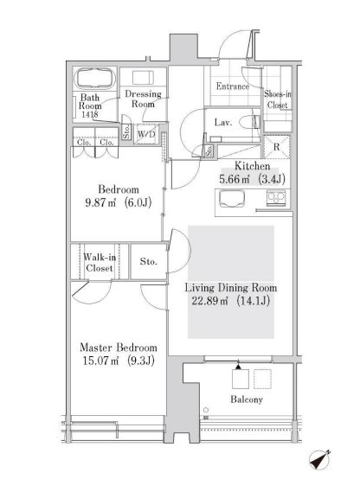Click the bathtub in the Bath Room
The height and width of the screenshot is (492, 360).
95,79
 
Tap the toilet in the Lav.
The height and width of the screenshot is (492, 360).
250,122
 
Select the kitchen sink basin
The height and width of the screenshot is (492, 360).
232,199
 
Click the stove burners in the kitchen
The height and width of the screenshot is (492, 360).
276,198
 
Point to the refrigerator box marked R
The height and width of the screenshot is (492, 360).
276,147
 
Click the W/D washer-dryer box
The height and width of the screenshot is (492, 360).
146,134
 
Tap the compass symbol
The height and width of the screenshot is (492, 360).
320,460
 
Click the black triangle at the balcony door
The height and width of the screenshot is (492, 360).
239,366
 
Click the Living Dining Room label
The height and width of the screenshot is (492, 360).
230,288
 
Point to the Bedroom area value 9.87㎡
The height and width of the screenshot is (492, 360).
100,202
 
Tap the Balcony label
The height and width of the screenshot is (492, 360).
247,399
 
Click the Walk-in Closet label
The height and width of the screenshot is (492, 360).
100,263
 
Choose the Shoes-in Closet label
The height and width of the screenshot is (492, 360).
278,99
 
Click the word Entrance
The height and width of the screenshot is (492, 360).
233,86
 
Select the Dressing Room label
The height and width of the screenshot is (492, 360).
143,99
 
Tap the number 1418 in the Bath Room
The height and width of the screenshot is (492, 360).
90,114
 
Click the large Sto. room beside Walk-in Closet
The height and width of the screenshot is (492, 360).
148,261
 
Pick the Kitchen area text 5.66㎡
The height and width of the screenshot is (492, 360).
234,179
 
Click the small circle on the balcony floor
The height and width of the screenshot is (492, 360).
206,410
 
